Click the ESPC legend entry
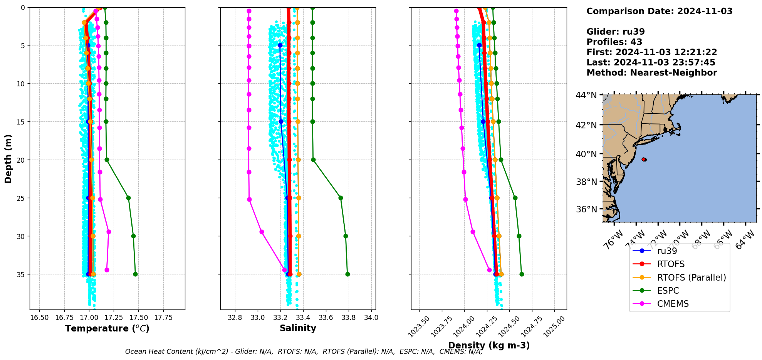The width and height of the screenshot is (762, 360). click(x=668, y=291)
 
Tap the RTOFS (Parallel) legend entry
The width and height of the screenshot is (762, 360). click(x=691, y=278)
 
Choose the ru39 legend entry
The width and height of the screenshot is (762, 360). click(x=667, y=251)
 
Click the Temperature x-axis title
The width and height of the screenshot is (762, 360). click(x=107, y=328)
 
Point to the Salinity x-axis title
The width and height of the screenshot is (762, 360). click(x=298, y=328)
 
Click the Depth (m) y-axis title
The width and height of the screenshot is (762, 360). click(x=8, y=159)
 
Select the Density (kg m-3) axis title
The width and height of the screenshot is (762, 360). click(x=489, y=345)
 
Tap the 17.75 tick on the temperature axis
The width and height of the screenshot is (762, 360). click(x=163, y=318)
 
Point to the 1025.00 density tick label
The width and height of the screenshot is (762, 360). click(x=554, y=327)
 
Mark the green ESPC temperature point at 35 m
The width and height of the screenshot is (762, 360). click(x=135, y=274)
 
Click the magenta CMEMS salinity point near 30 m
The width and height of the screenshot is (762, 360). click(x=262, y=232)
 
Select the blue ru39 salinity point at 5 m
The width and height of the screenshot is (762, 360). click(x=280, y=45)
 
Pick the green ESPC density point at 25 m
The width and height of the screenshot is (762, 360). click(x=515, y=198)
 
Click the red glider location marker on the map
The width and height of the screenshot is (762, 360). click(x=644, y=159)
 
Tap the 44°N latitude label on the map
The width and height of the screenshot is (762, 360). click(x=586, y=95)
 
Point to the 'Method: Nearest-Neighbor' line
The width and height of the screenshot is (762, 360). click(x=651, y=73)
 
